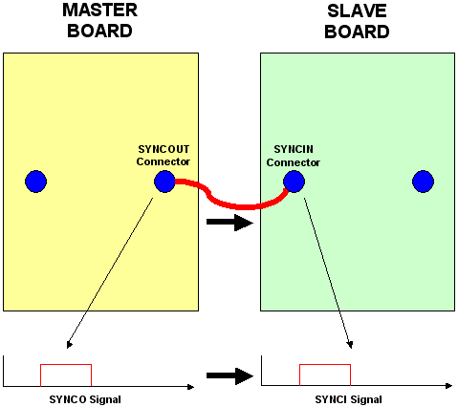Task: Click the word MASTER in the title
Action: point(100,11)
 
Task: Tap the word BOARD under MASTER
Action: point(100,31)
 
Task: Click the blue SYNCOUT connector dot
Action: point(164,181)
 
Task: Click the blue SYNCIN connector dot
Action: point(294,181)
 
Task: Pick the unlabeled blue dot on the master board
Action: point(35,181)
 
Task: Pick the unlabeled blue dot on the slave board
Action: point(423,181)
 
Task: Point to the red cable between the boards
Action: point(229,203)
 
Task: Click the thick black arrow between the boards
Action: point(229,224)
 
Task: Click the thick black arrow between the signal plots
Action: point(229,375)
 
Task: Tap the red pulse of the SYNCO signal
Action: point(66,365)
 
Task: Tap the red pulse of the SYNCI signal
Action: point(325,365)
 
